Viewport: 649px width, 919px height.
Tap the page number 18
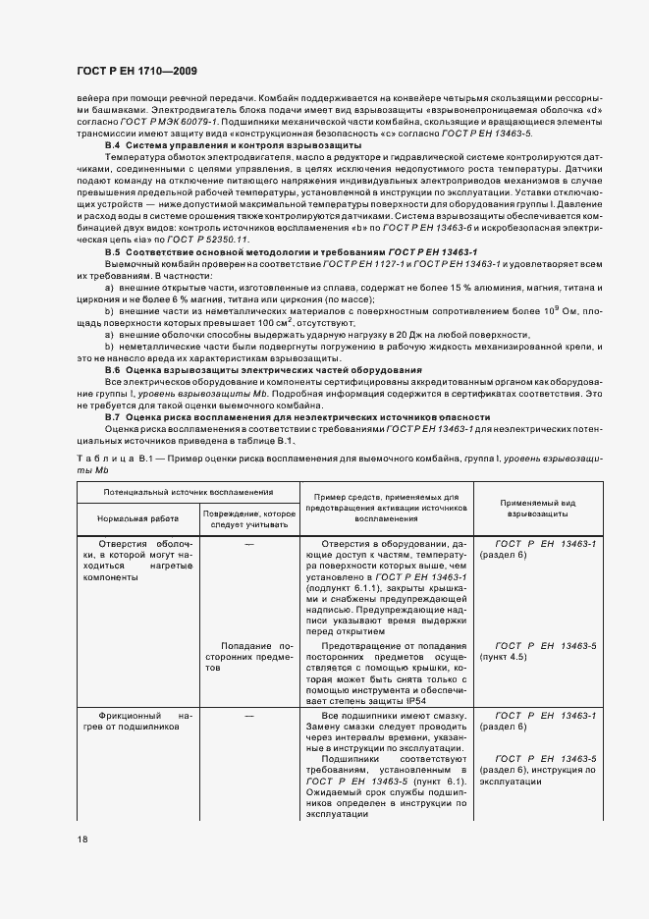pos(81,838)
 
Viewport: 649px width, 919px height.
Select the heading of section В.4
pos(234,145)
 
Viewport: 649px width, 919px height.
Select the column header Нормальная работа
pos(136,517)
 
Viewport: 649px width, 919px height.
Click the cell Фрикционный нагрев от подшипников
pos(136,722)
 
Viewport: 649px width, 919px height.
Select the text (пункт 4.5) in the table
pos(510,657)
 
